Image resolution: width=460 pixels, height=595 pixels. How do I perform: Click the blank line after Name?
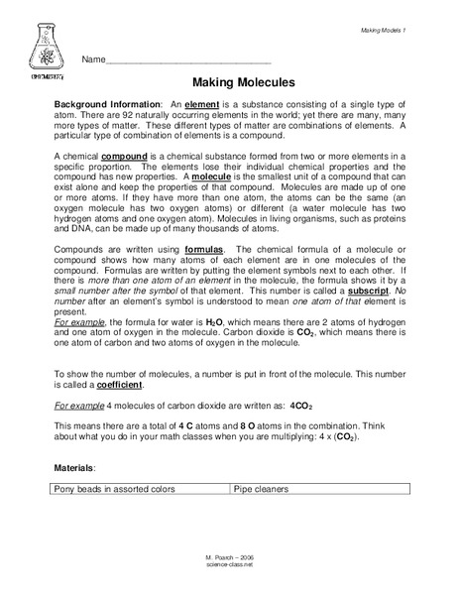[x=187, y=61]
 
